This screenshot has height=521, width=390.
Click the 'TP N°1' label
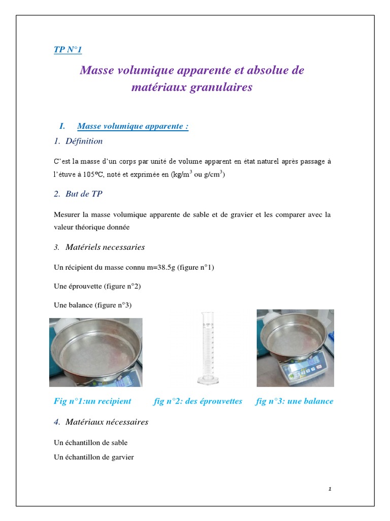click(68, 49)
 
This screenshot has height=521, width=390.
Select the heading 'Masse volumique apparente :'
click(133, 126)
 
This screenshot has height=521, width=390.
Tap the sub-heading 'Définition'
click(84, 141)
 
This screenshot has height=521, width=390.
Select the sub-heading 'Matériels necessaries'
click(105, 247)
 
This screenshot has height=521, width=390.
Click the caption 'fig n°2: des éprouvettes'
click(198, 401)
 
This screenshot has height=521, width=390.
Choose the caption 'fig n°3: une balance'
click(295, 401)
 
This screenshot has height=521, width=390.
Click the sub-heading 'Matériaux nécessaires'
click(107, 422)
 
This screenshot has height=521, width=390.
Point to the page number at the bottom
click(330, 489)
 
